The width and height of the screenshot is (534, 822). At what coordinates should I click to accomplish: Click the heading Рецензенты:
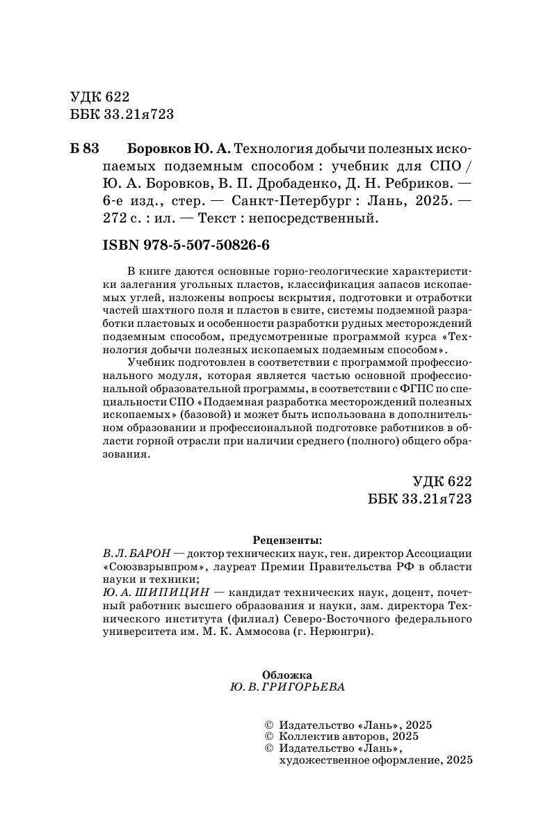click(287, 539)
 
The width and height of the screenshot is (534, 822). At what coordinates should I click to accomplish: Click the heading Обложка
click(287, 674)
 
